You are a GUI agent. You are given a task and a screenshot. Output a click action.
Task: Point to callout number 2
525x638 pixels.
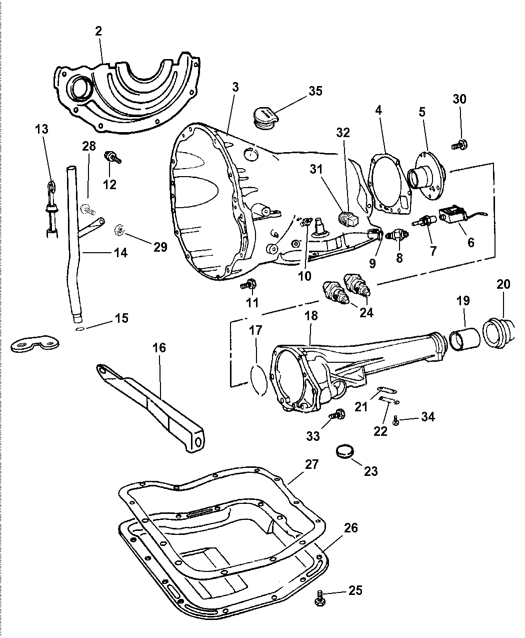pos(98,31)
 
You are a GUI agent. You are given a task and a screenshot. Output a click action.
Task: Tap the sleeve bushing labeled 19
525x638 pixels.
pos(463,337)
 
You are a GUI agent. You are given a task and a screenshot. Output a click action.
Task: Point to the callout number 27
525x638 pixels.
pos(312,464)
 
